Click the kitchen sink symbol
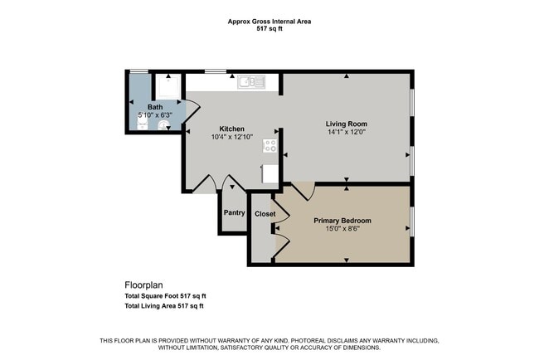[251, 82]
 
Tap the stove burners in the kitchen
[269, 145]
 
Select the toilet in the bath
[143, 124]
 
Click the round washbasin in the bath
[164, 125]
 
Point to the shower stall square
[168, 86]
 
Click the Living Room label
[347, 124]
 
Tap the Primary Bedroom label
[342, 221]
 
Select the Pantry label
[235, 213]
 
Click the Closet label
[265, 214]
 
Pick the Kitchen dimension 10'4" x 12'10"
[232, 137]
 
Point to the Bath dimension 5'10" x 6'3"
[155, 115]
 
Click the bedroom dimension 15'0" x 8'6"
[342, 229]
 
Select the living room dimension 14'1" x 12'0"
[347, 132]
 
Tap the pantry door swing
[233, 182]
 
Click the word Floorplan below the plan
[143, 285]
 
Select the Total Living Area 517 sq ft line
[164, 306]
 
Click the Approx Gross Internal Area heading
[269, 22]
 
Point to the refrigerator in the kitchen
[269, 174]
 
